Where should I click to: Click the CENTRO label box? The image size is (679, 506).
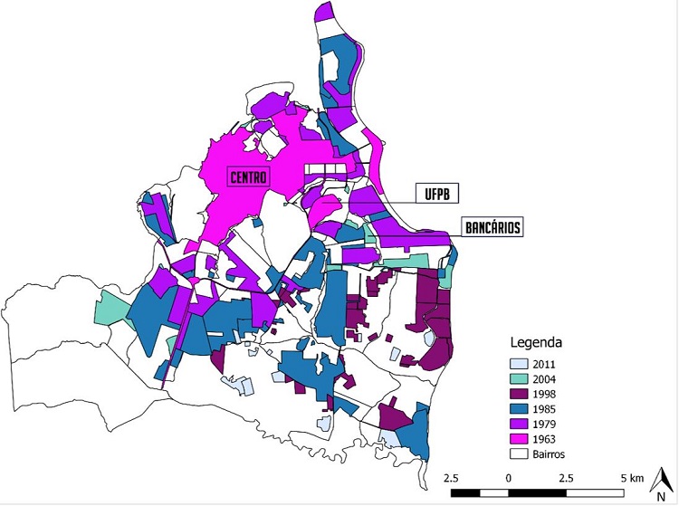point(248,177)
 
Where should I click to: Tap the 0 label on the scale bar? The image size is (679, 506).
point(509,477)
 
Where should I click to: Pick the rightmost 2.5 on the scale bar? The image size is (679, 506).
point(566,477)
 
